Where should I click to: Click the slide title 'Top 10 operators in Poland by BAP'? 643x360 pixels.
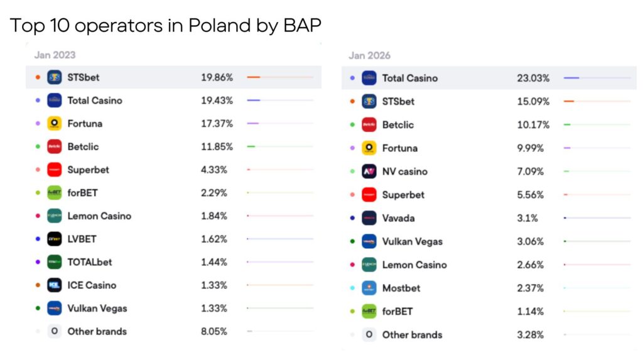[x=166, y=26]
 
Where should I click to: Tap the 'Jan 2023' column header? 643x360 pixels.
[x=55, y=55]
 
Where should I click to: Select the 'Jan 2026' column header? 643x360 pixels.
[x=369, y=55]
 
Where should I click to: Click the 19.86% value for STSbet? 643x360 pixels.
[x=217, y=77]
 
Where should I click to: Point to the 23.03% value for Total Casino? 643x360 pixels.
[x=533, y=78]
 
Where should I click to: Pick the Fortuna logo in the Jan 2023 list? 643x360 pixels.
[x=55, y=124]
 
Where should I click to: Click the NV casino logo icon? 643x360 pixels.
[x=369, y=172]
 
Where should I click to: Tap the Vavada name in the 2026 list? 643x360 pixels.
[x=398, y=218]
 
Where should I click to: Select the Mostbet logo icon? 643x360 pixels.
[x=369, y=288]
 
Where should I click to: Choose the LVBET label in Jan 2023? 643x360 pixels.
[x=82, y=239]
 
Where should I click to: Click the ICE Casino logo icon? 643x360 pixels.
[x=55, y=285]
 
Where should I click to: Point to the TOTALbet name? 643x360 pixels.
[x=89, y=262]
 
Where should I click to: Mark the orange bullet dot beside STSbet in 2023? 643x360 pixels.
[x=38, y=77]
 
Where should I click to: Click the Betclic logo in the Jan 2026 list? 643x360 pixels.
[x=369, y=124]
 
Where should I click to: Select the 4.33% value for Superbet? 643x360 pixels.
[x=214, y=170]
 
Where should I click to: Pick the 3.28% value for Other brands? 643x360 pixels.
[x=531, y=335]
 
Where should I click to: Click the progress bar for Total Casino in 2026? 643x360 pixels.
[x=597, y=78]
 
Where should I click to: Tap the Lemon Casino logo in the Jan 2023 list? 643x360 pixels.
[x=55, y=216]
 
